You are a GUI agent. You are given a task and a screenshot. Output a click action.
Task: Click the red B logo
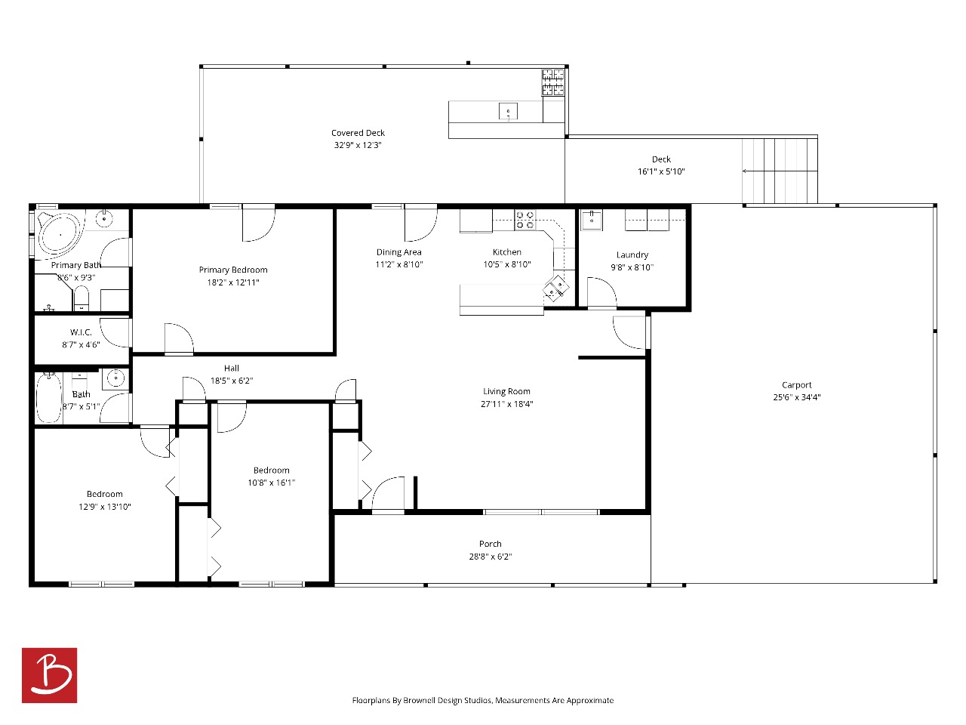tap(49, 674)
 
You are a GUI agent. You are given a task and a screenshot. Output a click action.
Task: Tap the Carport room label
tap(796, 384)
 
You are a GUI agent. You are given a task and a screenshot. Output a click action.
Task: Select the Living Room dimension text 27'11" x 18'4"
tap(506, 403)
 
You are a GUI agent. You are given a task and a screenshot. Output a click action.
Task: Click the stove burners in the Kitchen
tap(525, 220)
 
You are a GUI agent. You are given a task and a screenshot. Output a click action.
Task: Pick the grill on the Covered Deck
tap(552, 82)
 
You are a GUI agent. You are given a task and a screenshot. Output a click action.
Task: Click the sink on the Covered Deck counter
tap(508, 111)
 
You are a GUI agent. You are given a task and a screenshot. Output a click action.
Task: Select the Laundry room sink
tap(592, 219)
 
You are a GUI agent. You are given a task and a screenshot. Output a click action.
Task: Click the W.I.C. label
tap(81, 332)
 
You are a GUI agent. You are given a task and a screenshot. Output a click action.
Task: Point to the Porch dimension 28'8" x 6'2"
tap(491, 557)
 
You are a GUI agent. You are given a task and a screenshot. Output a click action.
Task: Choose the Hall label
tap(232, 368)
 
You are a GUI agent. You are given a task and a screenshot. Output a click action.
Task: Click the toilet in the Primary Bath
tap(81, 298)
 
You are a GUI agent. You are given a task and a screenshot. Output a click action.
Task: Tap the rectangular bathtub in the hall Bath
tap(48, 397)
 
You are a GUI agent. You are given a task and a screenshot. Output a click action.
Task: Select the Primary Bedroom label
tap(232, 270)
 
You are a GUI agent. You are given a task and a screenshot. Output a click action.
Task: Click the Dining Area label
tap(398, 251)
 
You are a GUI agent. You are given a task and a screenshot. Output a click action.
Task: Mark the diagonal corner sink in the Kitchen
tap(556, 288)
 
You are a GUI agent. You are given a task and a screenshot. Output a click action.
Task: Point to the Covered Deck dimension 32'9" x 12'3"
tap(358, 145)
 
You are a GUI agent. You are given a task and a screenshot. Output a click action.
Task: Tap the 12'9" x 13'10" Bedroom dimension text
tap(105, 507)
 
